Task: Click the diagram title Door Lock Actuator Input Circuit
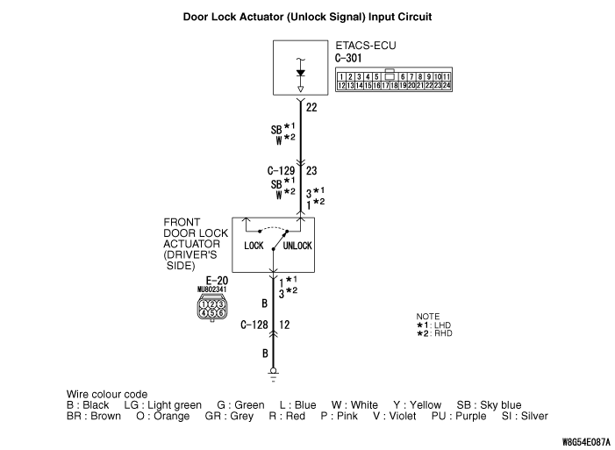pyautogui.click(x=307, y=17)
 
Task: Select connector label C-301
pyautogui.click(x=349, y=59)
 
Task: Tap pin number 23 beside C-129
pyautogui.click(x=312, y=171)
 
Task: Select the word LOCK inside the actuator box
pyautogui.click(x=254, y=246)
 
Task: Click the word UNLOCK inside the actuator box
pyautogui.click(x=297, y=246)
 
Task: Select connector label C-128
pyautogui.click(x=254, y=325)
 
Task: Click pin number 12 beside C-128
pyautogui.click(x=284, y=325)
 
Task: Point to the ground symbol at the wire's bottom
pyautogui.click(x=274, y=372)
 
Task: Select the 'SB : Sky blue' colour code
pyautogui.click(x=489, y=404)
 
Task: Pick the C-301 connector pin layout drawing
pyautogui.click(x=394, y=82)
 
